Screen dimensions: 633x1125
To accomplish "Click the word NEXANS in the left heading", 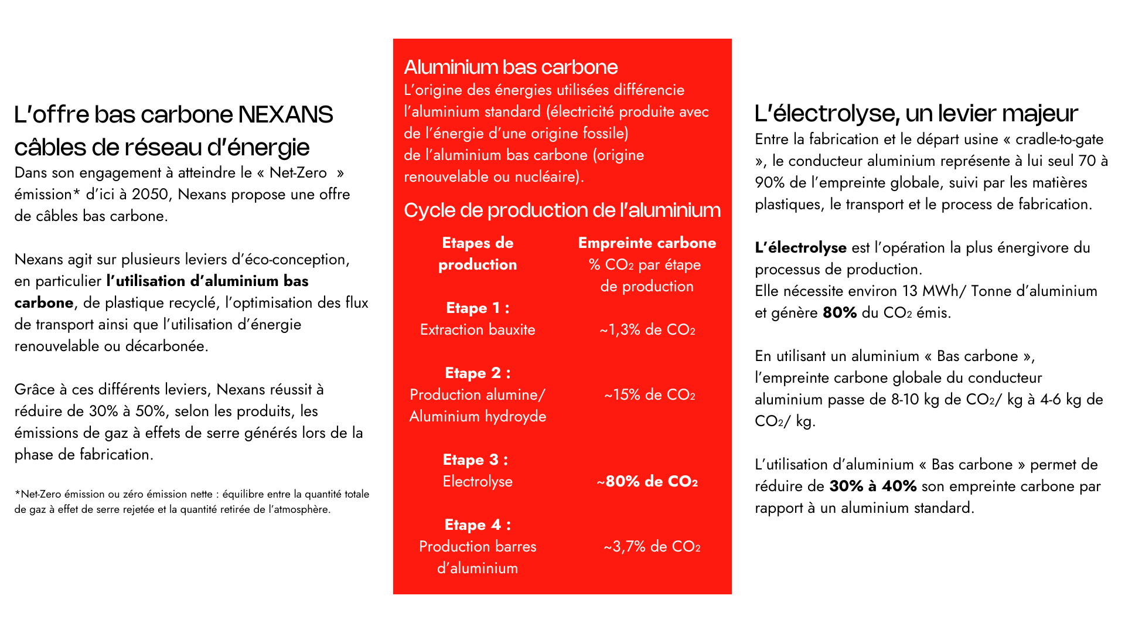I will tap(285, 115).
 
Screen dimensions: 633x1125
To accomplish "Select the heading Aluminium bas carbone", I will tap(510, 67).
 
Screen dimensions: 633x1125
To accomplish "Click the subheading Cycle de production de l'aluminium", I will tap(562, 210).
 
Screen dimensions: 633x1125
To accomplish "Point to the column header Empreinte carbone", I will tap(647, 243).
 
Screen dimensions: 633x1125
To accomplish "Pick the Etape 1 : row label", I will tap(478, 308).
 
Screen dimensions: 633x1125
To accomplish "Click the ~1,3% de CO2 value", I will tap(647, 330).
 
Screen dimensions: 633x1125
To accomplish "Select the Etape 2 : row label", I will tap(478, 373).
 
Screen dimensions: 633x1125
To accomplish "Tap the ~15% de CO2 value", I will tap(649, 395).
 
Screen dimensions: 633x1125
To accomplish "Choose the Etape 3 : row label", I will tap(475, 460).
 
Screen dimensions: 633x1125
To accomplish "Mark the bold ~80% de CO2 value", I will tap(647, 482).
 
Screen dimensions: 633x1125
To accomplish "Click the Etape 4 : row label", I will tap(478, 525).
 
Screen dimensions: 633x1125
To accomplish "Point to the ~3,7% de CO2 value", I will tap(652, 547).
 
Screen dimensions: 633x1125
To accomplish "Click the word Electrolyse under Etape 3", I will tap(478, 482).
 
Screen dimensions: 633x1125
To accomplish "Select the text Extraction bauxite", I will tap(478, 330).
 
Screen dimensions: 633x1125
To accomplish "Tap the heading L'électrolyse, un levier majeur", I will tap(916, 114).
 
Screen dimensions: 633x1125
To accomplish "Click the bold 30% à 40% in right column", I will tap(872, 486).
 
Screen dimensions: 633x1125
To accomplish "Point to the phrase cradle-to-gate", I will tap(1059, 139).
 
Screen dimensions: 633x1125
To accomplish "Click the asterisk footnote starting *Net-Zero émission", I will tap(192, 502).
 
